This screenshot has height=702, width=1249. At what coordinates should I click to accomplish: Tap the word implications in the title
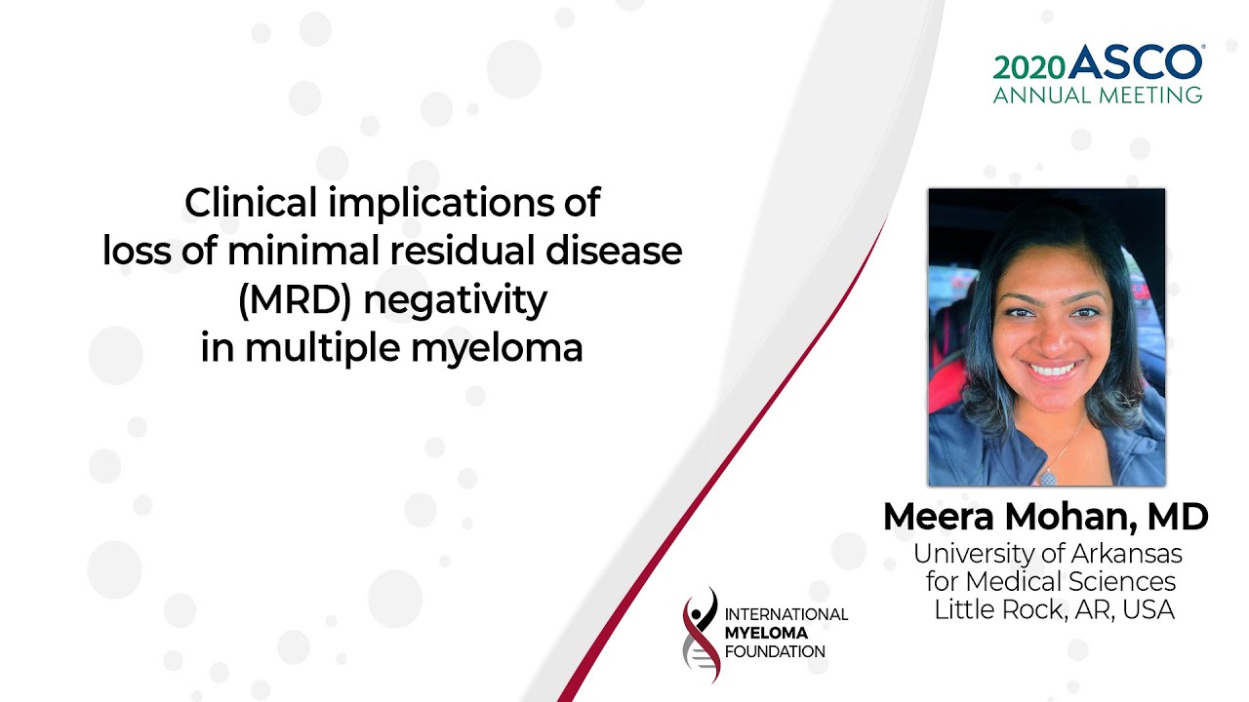[436, 204]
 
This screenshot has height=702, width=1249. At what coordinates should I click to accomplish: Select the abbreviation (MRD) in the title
[295, 300]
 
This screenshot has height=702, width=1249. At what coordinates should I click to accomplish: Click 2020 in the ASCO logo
[1029, 66]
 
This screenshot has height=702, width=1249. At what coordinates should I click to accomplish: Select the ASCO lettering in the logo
[1135, 63]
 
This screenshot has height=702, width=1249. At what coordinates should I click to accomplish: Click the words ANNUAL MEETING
[1098, 95]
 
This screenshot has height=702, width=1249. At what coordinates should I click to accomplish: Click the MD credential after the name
[1180, 517]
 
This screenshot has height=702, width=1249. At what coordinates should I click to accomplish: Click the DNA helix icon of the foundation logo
[701, 635]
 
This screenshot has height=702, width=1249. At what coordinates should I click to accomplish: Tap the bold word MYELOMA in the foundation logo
[766, 633]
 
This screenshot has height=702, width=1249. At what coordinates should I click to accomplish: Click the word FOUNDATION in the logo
[775, 651]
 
